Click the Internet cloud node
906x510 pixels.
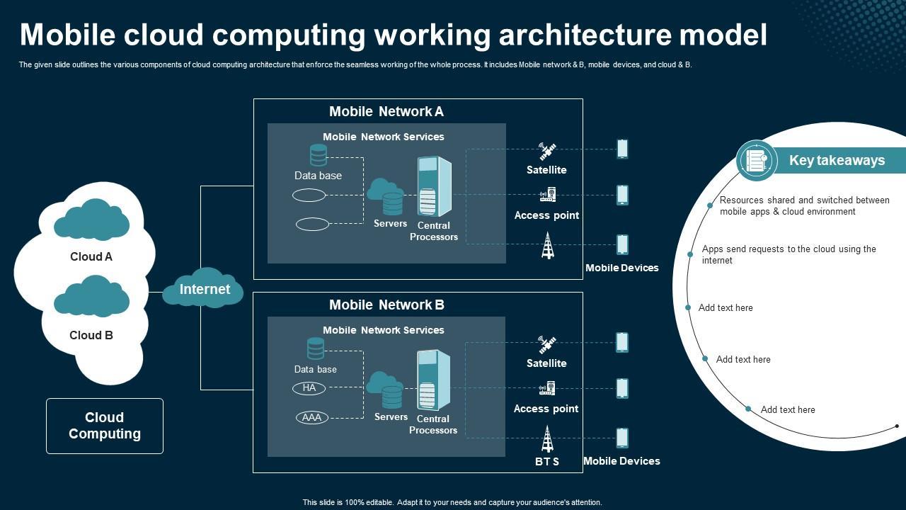(204, 289)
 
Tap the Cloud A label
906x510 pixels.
(91, 257)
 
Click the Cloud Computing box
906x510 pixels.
(105, 426)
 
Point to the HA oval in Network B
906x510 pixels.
(309, 388)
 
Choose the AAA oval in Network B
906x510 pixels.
(311, 418)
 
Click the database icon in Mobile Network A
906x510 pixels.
(319, 155)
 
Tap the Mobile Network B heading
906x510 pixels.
(386, 305)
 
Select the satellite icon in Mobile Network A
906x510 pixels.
(547, 152)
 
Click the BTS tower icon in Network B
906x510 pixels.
(547, 439)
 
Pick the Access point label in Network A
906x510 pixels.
(546, 215)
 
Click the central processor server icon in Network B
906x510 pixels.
(433, 380)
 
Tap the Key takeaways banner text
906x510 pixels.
(837, 161)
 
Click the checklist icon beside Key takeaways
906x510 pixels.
(757, 161)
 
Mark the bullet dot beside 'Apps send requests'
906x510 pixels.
(690, 254)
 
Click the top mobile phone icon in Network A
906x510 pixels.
(622, 149)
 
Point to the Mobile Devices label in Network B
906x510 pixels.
(621, 461)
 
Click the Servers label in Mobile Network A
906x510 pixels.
(391, 224)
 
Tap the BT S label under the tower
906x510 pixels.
(547, 462)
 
